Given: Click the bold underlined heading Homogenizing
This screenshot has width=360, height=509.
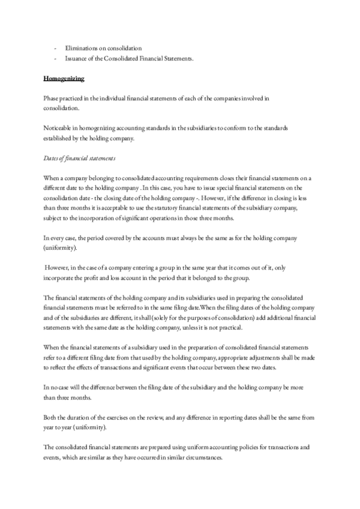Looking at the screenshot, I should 64,79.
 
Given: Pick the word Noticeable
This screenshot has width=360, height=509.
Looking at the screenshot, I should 59,128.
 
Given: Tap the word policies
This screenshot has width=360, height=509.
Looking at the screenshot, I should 235,445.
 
